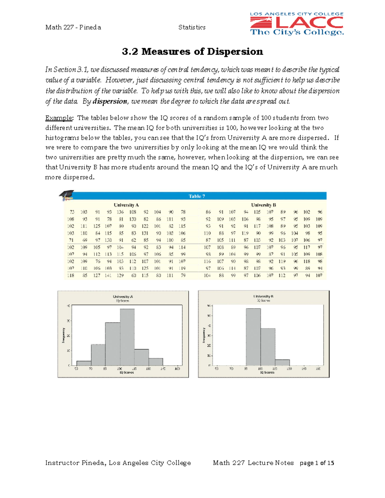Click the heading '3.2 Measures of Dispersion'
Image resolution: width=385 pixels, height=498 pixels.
click(x=193, y=51)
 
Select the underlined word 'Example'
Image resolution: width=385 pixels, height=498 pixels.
click(x=59, y=118)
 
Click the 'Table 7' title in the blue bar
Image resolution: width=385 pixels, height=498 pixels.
click(x=197, y=196)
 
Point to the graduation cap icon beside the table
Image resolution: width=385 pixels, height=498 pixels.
click(x=67, y=195)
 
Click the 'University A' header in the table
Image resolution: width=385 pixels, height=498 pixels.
click(x=126, y=205)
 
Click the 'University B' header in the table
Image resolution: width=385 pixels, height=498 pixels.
click(x=263, y=205)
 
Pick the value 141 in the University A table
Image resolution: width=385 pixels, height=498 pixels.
click(x=108, y=275)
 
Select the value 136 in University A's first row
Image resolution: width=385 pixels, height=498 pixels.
click(x=120, y=212)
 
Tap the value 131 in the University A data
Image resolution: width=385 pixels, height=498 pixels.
click(x=145, y=233)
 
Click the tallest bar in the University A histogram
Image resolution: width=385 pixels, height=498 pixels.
click(x=127, y=337)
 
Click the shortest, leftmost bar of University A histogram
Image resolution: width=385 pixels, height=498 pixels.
click(x=84, y=363)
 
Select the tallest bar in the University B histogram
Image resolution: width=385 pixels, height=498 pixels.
click(x=253, y=337)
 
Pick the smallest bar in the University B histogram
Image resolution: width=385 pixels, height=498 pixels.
click(x=282, y=362)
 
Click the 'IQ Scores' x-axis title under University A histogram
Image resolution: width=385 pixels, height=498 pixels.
click(x=127, y=373)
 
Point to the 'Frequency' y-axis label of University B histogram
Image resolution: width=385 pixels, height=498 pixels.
click(x=204, y=335)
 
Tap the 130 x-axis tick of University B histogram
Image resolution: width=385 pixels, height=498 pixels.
click(x=289, y=369)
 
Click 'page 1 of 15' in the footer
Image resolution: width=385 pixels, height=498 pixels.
click(x=317, y=463)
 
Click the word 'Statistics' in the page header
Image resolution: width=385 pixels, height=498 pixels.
click(x=192, y=27)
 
